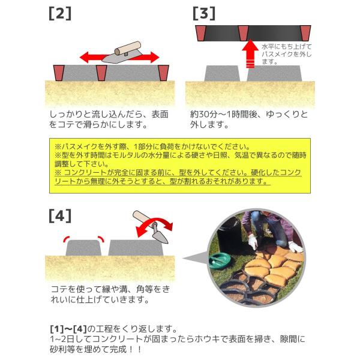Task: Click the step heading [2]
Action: click(x=60, y=14)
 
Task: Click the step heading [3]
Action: click(x=204, y=14)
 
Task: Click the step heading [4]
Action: click(x=60, y=216)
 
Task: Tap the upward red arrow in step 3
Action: click(x=250, y=54)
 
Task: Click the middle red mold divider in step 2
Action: click(x=101, y=73)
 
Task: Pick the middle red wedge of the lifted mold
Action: click(x=244, y=33)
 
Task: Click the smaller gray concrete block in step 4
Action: click(x=83, y=248)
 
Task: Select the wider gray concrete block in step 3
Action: click(x=274, y=73)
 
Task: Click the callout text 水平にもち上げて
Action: click(x=287, y=47)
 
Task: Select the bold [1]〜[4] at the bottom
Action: click(x=68, y=329)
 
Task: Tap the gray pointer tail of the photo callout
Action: click(x=195, y=257)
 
